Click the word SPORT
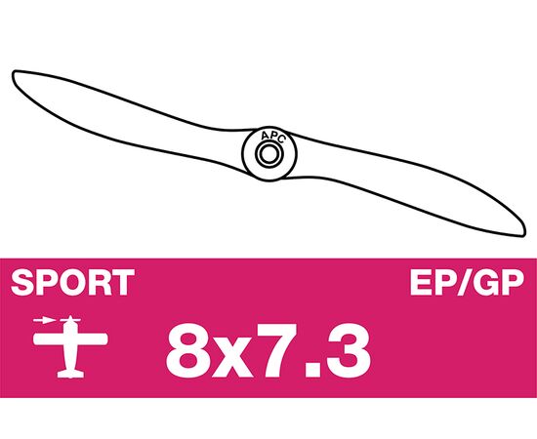[x=72, y=282]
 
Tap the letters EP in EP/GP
[x=433, y=282]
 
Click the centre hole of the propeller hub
[x=269, y=154]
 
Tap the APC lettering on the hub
[x=272, y=137]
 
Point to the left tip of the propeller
[x=13, y=72]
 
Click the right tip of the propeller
[x=524, y=233]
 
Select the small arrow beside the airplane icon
[x=45, y=321]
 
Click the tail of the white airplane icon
[x=70, y=374]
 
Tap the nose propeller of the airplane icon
[x=70, y=320]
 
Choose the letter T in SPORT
[x=123, y=282]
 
